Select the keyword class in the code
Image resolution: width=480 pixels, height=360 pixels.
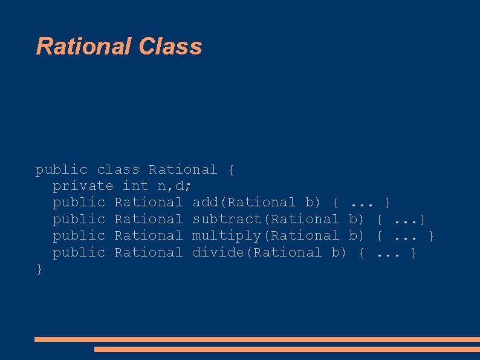[x=118, y=170]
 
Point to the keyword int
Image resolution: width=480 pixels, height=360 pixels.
[x=135, y=186]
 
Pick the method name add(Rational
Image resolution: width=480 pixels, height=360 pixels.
[x=244, y=202]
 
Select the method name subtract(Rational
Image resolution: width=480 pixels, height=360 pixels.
[x=265, y=219]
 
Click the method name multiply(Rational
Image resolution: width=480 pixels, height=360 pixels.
[x=265, y=235]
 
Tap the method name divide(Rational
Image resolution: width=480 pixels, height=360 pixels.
[x=256, y=252]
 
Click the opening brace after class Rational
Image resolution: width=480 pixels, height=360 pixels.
[x=231, y=170]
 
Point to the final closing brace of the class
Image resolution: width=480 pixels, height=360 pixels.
[x=39, y=269]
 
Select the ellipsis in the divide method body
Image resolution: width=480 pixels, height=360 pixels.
[x=388, y=252]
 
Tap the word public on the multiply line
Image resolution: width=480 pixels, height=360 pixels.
[x=79, y=235]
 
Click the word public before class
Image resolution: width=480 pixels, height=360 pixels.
[x=61, y=170]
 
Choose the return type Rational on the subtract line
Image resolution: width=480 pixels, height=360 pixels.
[x=148, y=219]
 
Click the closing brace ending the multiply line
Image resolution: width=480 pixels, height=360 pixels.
[x=431, y=235]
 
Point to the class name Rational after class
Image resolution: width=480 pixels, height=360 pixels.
[x=183, y=170]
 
